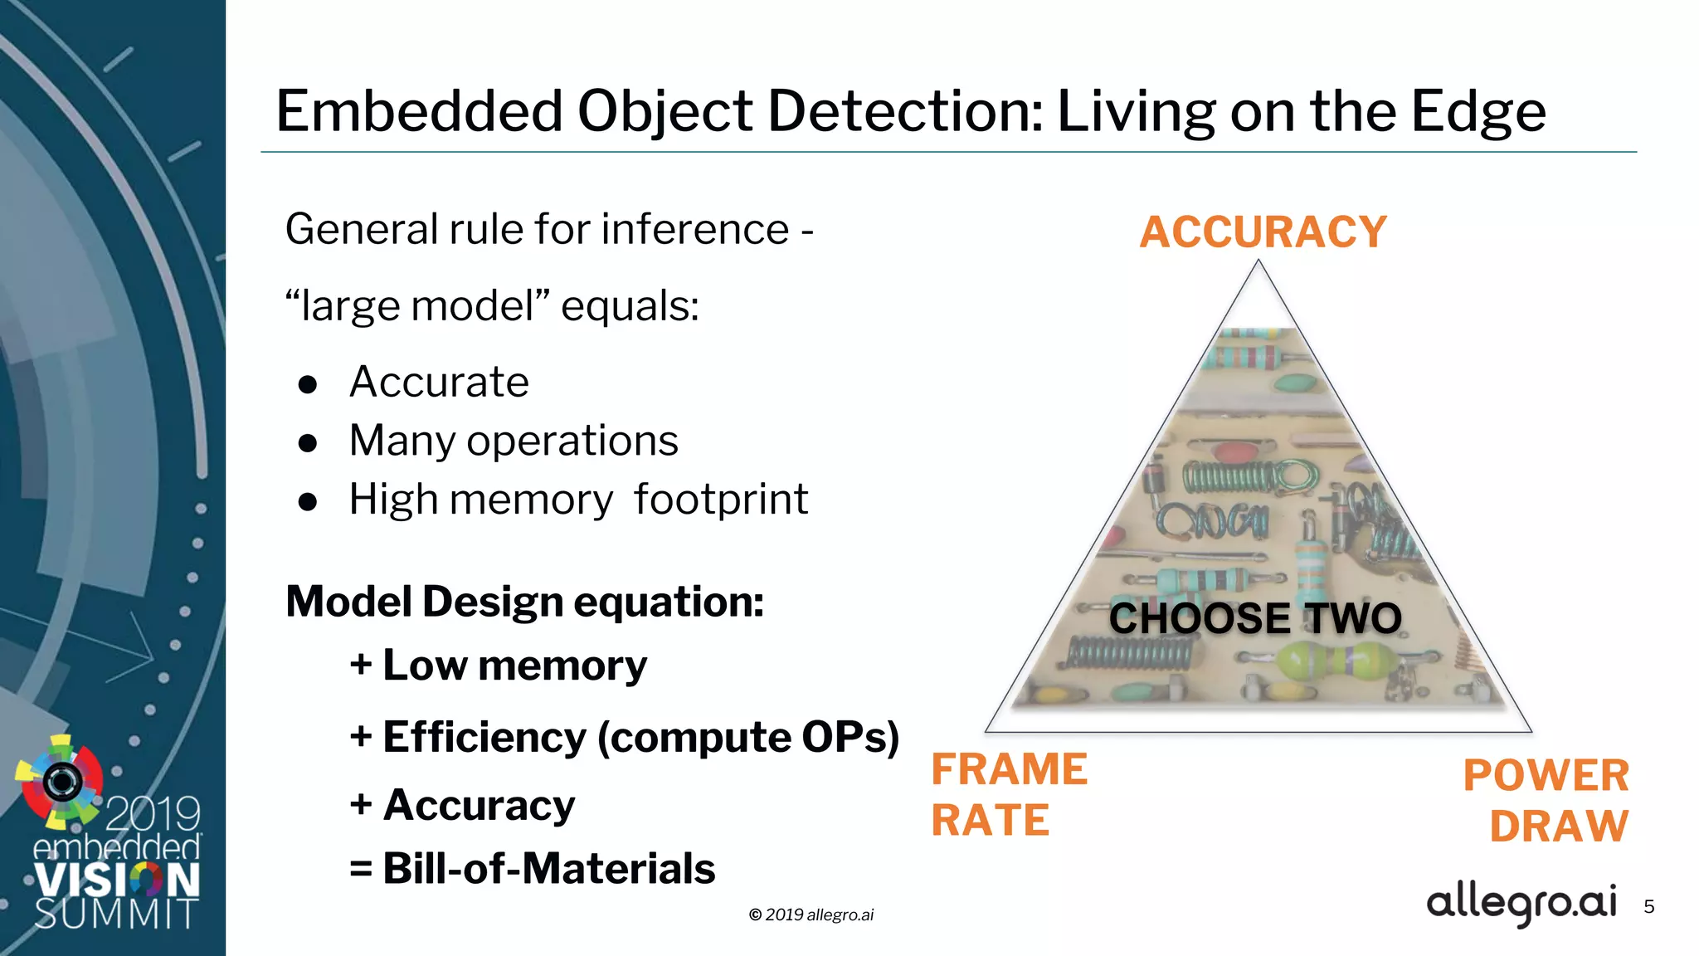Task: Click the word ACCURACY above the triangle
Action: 1263,232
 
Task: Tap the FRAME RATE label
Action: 1008,794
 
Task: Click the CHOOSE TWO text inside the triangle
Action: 1255,618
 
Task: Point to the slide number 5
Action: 1648,907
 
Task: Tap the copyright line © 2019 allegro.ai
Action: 811,915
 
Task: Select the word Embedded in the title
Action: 419,111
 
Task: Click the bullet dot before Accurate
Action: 308,384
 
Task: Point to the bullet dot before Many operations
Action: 308,443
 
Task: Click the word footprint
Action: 720,500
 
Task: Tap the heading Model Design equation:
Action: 524,602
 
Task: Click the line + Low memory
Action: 498,666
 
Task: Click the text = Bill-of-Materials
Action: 532,869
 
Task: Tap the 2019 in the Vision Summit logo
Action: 153,813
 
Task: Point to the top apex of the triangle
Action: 1258,264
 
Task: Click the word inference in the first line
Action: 694,229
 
